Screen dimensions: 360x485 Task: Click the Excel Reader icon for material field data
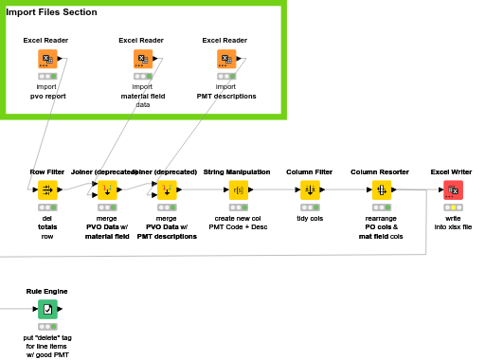pos(141,60)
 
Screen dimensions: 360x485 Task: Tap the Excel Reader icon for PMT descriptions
pos(225,60)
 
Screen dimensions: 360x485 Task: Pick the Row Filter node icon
pos(47,190)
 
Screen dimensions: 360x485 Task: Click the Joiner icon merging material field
pos(107,190)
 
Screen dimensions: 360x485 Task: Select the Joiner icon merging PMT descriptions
pos(167,190)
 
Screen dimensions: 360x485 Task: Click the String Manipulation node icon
pos(239,190)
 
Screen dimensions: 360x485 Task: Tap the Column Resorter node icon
pos(381,190)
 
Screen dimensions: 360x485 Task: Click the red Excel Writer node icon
pos(452,190)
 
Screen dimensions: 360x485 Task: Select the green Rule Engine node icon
pos(47,309)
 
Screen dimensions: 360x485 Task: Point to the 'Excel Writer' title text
pos(452,171)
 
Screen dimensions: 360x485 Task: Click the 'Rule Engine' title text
pos(47,291)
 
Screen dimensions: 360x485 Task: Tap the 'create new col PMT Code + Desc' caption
pos(239,223)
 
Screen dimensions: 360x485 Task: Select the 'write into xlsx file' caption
pos(452,223)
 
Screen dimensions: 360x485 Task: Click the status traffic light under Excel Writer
pos(452,207)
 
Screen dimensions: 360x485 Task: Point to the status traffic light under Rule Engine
pos(47,326)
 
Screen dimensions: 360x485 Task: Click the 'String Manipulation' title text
pos(239,171)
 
